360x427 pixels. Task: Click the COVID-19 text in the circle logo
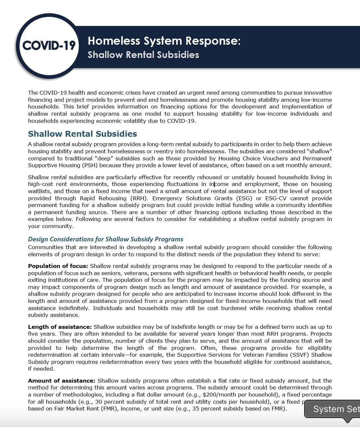click(49, 45)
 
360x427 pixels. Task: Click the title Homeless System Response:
click(164, 41)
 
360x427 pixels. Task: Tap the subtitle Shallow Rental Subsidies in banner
click(143, 54)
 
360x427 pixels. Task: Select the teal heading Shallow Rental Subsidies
click(82, 134)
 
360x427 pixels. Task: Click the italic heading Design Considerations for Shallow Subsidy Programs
click(105, 239)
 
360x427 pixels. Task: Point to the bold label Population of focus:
click(58, 266)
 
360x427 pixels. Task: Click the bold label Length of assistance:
click(60, 327)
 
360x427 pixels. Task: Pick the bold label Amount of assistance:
click(62, 381)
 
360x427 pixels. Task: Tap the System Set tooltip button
click(334, 409)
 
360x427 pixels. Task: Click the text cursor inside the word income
click(214, 184)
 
